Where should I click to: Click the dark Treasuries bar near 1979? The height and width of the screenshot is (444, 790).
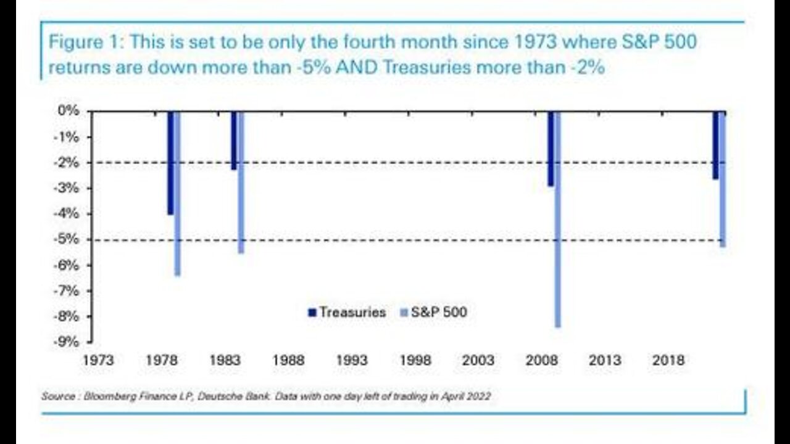[x=170, y=163]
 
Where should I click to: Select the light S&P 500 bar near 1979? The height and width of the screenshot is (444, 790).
[x=177, y=193]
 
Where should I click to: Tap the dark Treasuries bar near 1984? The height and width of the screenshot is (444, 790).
[x=234, y=141]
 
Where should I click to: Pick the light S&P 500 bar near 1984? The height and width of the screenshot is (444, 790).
[x=241, y=182]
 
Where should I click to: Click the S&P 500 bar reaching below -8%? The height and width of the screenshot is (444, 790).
[x=558, y=219]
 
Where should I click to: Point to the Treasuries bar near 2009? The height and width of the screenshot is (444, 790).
[x=551, y=149]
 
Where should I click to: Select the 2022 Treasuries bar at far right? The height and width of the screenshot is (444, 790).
[x=715, y=146]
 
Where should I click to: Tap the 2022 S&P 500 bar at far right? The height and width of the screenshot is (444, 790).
[x=722, y=179]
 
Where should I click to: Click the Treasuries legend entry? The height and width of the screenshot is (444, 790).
[x=347, y=312]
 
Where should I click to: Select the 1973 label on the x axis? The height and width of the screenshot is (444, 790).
[x=98, y=361]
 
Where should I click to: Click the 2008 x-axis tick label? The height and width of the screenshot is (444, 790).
[x=542, y=361]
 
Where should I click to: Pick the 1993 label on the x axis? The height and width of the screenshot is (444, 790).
[x=352, y=361]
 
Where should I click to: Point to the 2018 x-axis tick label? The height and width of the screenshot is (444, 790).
[x=668, y=361]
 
